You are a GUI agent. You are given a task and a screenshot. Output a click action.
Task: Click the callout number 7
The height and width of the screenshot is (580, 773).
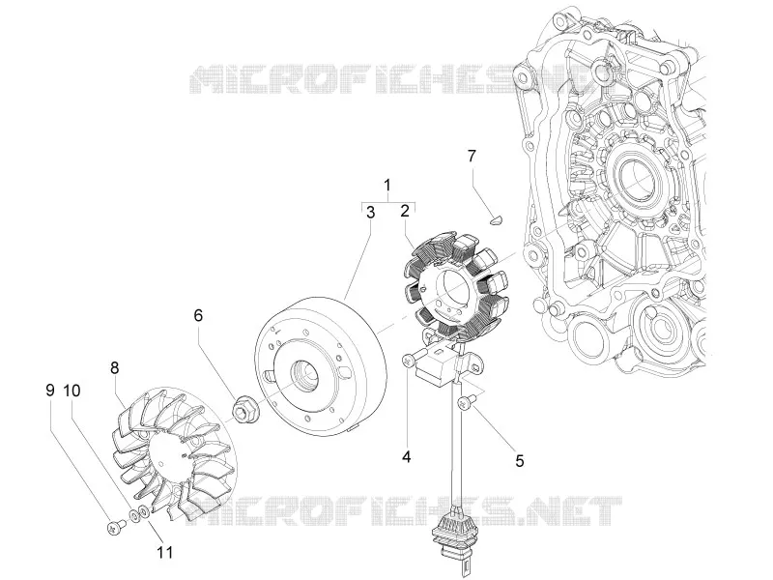[x=472, y=156]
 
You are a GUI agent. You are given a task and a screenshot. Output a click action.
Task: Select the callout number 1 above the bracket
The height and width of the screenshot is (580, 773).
[x=387, y=186]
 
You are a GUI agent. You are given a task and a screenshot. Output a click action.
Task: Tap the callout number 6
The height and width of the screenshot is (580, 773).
[x=198, y=315]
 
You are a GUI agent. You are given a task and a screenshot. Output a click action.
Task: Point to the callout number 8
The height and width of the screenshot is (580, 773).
[x=114, y=367]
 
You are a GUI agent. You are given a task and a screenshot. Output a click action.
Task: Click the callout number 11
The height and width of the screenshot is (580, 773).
[x=165, y=552]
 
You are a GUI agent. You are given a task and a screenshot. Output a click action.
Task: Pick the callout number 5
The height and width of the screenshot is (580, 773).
[x=520, y=461]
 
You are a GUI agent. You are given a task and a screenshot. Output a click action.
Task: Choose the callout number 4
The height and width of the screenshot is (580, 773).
[x=406, y=456]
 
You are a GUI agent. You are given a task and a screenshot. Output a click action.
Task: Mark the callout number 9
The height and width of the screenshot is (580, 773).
[x=50, y=391]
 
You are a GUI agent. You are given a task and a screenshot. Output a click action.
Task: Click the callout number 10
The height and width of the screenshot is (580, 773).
[x=72, y=391]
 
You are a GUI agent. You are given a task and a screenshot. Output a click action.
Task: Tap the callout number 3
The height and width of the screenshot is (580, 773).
[x=370, y=213]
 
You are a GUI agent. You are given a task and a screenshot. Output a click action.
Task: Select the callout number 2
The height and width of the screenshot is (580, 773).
[x=405, y=211]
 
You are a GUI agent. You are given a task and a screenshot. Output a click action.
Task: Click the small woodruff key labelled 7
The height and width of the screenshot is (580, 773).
[x=496, y=219]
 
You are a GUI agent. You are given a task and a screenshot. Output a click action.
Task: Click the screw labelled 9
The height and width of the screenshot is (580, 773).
[x=116, y=528]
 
